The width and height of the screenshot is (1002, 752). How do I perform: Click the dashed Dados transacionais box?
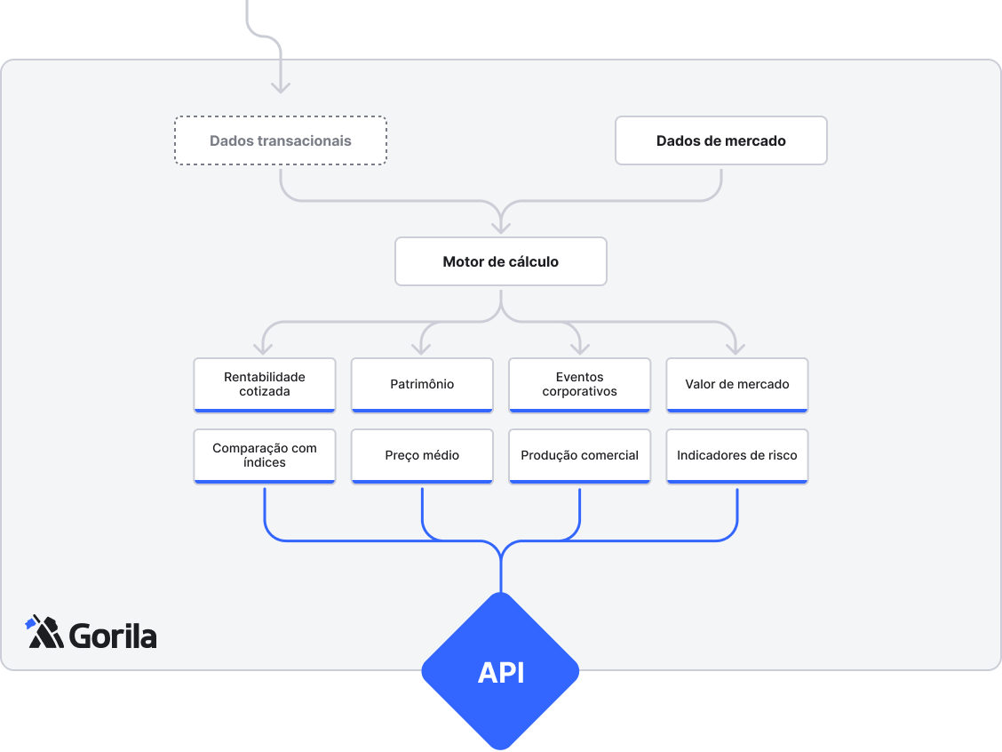281,140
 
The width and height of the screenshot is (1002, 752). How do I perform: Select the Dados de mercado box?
720,140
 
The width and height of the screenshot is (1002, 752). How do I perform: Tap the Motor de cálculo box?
501,261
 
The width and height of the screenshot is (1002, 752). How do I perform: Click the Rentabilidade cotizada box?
265,384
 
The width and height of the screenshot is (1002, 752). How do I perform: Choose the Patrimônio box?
422,384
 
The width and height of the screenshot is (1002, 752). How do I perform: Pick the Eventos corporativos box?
579,384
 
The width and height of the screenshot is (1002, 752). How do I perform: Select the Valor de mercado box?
737,384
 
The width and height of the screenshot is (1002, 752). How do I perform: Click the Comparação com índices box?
265,455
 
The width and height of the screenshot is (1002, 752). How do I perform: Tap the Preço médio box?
422,455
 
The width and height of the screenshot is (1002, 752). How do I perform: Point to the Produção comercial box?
579,455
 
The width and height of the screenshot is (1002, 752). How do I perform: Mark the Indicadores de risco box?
737,455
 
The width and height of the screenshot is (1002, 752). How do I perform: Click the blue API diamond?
500,672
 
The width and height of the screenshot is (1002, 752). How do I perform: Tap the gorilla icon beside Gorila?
44,632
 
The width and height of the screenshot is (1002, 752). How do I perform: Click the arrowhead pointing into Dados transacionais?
281,87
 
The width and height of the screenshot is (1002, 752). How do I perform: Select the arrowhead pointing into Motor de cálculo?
501,227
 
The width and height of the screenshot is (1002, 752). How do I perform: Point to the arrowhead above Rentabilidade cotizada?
265,348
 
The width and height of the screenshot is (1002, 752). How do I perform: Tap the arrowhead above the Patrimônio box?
422,348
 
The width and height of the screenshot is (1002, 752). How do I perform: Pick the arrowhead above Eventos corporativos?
579,348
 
